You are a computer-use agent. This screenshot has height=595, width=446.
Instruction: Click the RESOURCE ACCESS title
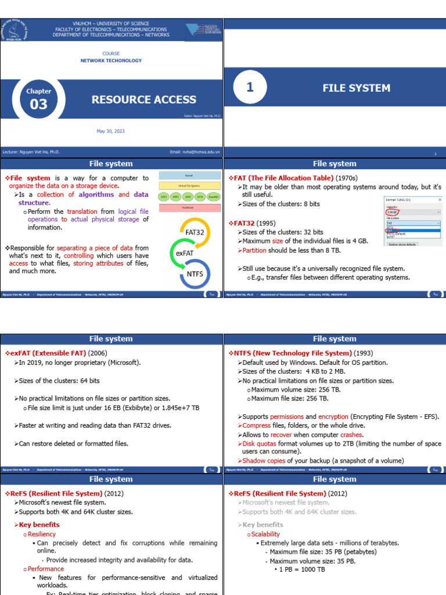click(143, 99)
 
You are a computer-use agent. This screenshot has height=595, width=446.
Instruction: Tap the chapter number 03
click(38, 105)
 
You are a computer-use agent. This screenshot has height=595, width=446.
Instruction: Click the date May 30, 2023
click(110, 131)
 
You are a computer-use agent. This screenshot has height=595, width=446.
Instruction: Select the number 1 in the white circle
click(250, 88)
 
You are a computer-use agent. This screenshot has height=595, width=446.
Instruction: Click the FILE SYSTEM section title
click(356, 88)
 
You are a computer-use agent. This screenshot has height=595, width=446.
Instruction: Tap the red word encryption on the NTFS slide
click(333, 417)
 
